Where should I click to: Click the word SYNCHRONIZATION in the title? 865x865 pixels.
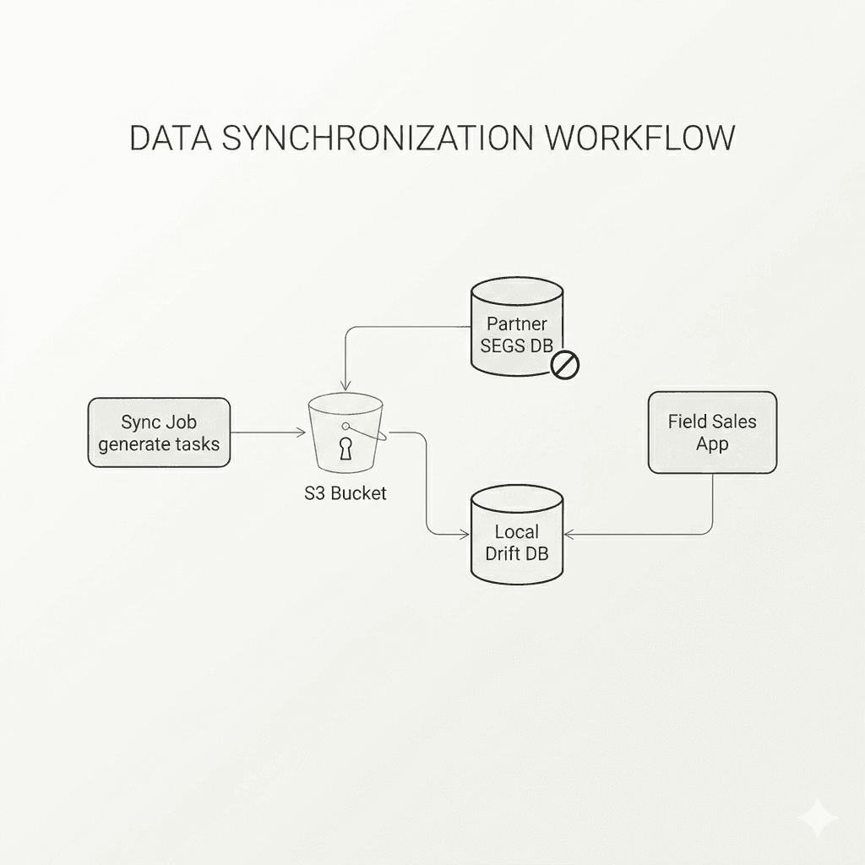(x=378, y=138)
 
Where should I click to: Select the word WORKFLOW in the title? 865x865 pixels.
(x=640, y=138)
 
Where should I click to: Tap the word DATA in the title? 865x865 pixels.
(x=171, y=138)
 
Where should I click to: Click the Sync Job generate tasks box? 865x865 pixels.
(x=159, y=432)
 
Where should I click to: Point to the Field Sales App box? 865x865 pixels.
(x=712, y=432)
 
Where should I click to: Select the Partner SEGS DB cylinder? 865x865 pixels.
(x=517, y=327)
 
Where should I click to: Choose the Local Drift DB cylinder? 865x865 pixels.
(x=517, y=533)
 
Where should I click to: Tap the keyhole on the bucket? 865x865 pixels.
(x=345, y=448)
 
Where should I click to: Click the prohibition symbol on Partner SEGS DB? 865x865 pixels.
(x=565, y=365)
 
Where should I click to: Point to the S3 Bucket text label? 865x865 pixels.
(x=345, y=492)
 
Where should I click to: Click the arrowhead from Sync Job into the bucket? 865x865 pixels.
(x=302, y=432)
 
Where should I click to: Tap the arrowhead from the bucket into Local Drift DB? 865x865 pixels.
(x=465, y=534)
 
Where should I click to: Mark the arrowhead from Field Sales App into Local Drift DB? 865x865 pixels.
(x=569, y=534)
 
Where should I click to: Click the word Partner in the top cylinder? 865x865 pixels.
(x=517, y=324)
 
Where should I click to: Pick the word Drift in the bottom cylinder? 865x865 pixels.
(x=501, y=553)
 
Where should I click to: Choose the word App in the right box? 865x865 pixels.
(x=712, y=444)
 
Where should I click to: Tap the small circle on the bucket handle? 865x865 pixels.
(x=345, y=427)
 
